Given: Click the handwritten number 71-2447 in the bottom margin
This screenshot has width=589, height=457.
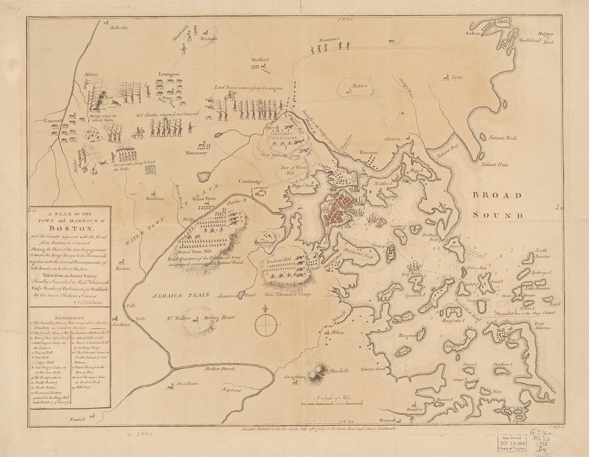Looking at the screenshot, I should [x=139, y=435].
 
